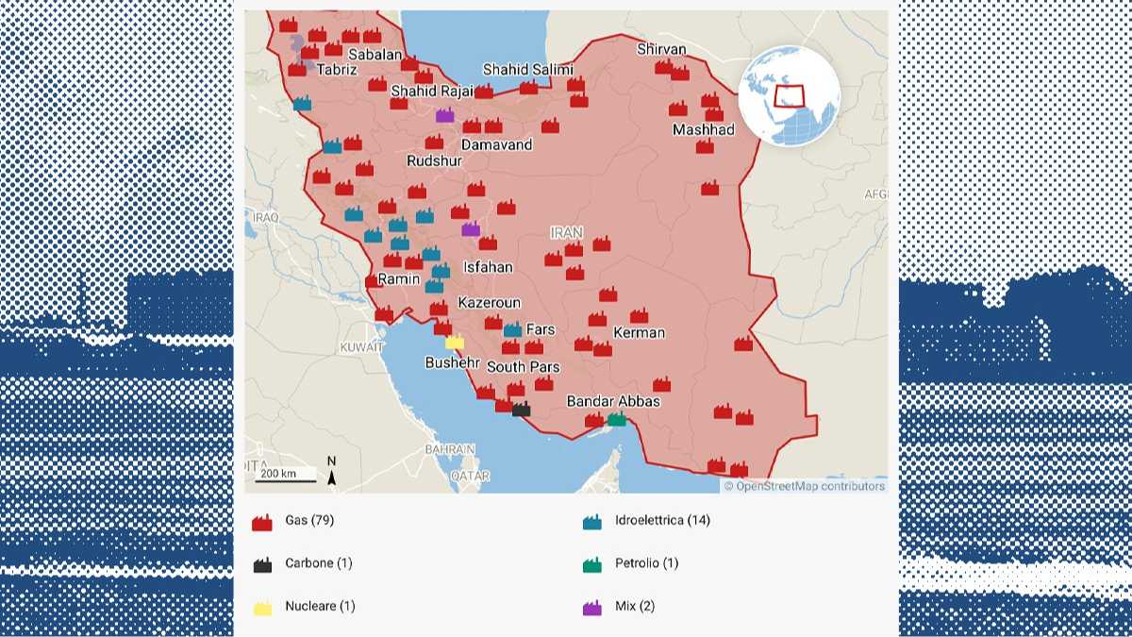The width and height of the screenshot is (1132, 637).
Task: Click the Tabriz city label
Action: click(x=337, y=70)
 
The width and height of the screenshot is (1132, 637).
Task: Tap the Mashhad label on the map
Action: click(x=703, y=129)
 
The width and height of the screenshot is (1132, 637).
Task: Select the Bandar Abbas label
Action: click(x=613, y=401)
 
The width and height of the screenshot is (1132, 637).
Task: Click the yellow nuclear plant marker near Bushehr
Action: click(x=455, y=343)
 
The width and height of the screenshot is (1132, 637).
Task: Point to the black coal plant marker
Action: click(x=521, y=409)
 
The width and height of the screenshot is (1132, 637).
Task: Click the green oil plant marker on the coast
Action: click(x=617, y=419)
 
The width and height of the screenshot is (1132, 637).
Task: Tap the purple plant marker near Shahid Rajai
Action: click(x=444, y=115)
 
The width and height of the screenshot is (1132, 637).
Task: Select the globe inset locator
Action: click(x=789, y=95)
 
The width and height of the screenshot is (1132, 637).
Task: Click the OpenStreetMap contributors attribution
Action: click(x=804, y=486)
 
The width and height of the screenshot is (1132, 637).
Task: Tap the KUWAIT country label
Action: click(x=362, y=347)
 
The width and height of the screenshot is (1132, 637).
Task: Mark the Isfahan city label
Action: click(x=488, y=267)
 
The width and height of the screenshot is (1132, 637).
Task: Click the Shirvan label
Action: click(x=661, y=49)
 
